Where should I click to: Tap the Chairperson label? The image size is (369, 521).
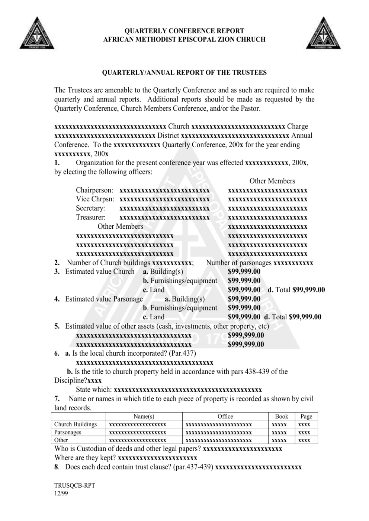coord(94,190)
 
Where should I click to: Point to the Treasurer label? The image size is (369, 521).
coord(91,217)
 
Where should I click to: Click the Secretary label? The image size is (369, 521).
coord(90,208)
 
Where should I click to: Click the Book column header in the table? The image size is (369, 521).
coord(282,417)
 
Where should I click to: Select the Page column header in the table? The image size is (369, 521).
coord(306,417)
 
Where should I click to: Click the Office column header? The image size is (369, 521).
coord(225,417)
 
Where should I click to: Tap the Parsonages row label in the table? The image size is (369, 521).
coord(68,432)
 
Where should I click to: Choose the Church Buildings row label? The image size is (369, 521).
coord(76,424)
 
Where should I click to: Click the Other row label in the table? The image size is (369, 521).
coord(61,440)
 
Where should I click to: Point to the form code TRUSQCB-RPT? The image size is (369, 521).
coord(74,485)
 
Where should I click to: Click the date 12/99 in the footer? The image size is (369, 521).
coord(61,494)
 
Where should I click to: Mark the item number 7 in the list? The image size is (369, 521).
coord(57,399)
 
